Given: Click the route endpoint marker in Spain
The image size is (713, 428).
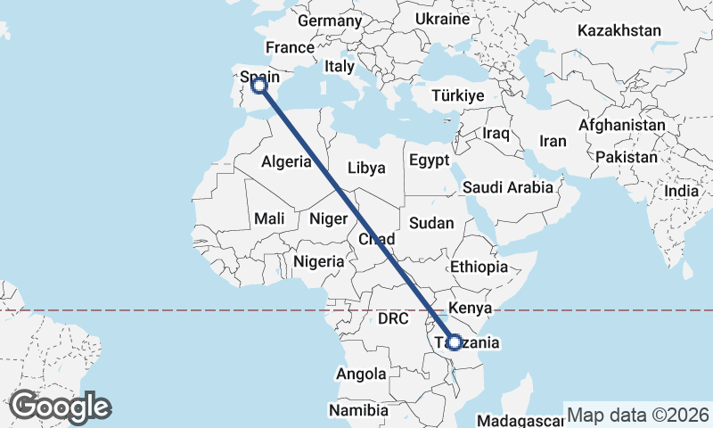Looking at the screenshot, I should [x=258, y=86].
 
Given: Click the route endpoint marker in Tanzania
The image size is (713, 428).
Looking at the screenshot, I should [x=455, y=342].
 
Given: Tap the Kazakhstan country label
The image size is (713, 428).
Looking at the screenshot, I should [x=619, y=30].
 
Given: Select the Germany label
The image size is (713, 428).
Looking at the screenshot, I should [x=330, y=21].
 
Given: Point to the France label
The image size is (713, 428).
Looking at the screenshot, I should [x=290, y=48].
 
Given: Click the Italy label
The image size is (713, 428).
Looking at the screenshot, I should [x=340, y=65].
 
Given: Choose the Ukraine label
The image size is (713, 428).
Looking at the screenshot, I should [x=442, y=19].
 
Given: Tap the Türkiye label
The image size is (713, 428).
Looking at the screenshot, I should [x=457, y=95].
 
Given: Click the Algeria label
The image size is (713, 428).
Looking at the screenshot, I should [x=286, y=161].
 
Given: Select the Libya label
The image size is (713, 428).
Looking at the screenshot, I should [x=366, y=168].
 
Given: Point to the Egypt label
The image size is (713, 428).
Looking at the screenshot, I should [x=429, y=160].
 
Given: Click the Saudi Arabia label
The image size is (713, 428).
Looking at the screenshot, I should [x=507, y=187].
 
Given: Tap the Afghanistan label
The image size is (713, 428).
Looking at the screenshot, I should [x=621, y=126].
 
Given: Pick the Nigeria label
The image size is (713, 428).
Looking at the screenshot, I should [x=318, y=261].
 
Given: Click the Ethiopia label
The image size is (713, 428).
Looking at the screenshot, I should [x=479, y=267].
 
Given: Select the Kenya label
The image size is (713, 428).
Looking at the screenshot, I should [x=471, y=308].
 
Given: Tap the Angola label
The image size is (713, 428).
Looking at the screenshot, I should [x=362, y=374].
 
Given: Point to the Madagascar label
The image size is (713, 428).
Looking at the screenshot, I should [x=520, y=421].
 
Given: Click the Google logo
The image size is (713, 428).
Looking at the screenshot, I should [x=60, y=407].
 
